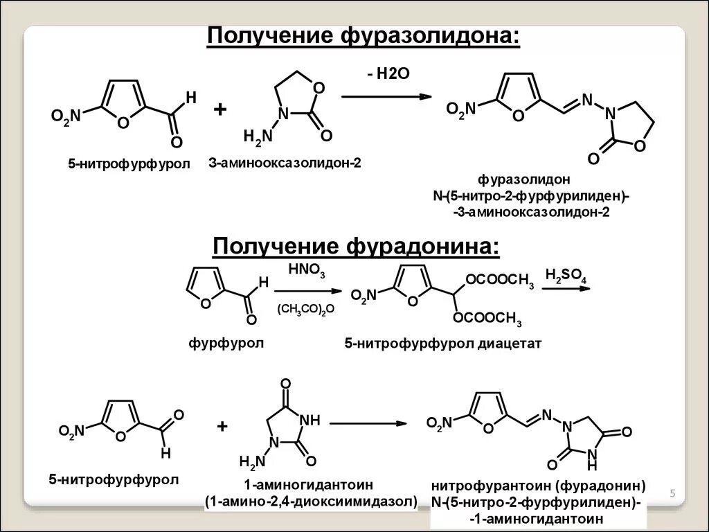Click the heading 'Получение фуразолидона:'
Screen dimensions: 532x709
point(362,35)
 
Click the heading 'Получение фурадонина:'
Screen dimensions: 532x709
point(355,246)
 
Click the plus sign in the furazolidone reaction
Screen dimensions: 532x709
point(220,109)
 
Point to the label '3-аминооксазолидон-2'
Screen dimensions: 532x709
point(285,163)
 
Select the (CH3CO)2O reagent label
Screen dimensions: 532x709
point(306,310)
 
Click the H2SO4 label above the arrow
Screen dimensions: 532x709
point(566,277)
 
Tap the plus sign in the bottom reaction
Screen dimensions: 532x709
point(222,427)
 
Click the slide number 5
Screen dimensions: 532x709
point(672,493)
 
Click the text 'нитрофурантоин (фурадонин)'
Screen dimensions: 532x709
point(538,485)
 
